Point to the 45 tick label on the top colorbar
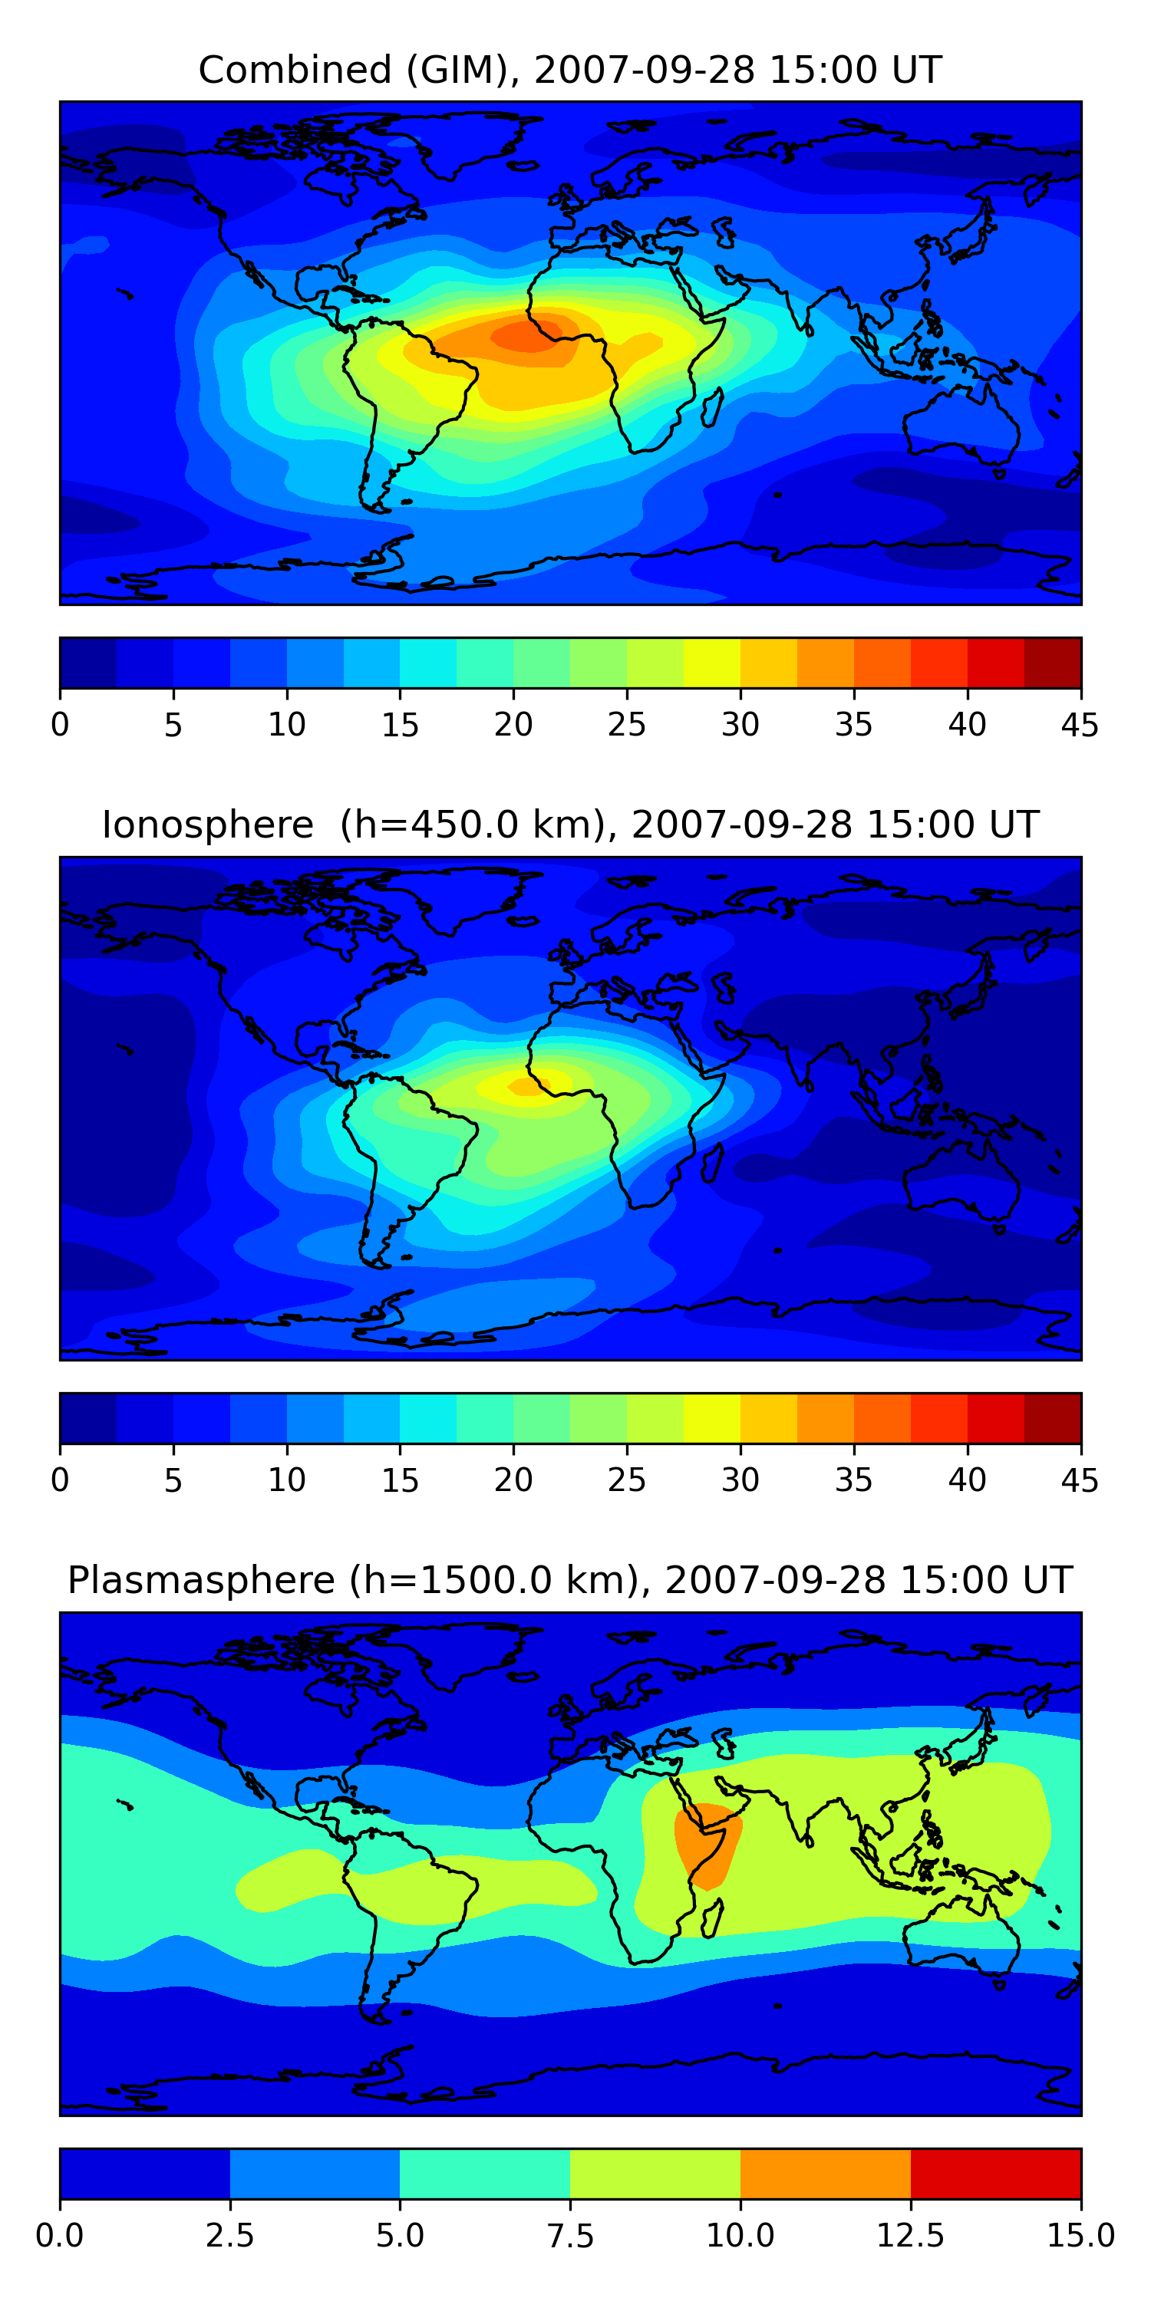pos(1080,724)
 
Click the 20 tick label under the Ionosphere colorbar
pos(513,1480)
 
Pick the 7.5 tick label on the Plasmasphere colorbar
pos(570,2236)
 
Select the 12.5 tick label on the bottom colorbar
pos(910,2236)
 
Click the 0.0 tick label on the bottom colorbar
pos(60,2236)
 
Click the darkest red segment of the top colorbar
pos(1052,663)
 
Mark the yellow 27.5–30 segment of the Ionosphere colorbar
pos(711,1417)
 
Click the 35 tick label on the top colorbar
pos(853,724)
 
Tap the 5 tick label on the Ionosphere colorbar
pos(173,1480)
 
